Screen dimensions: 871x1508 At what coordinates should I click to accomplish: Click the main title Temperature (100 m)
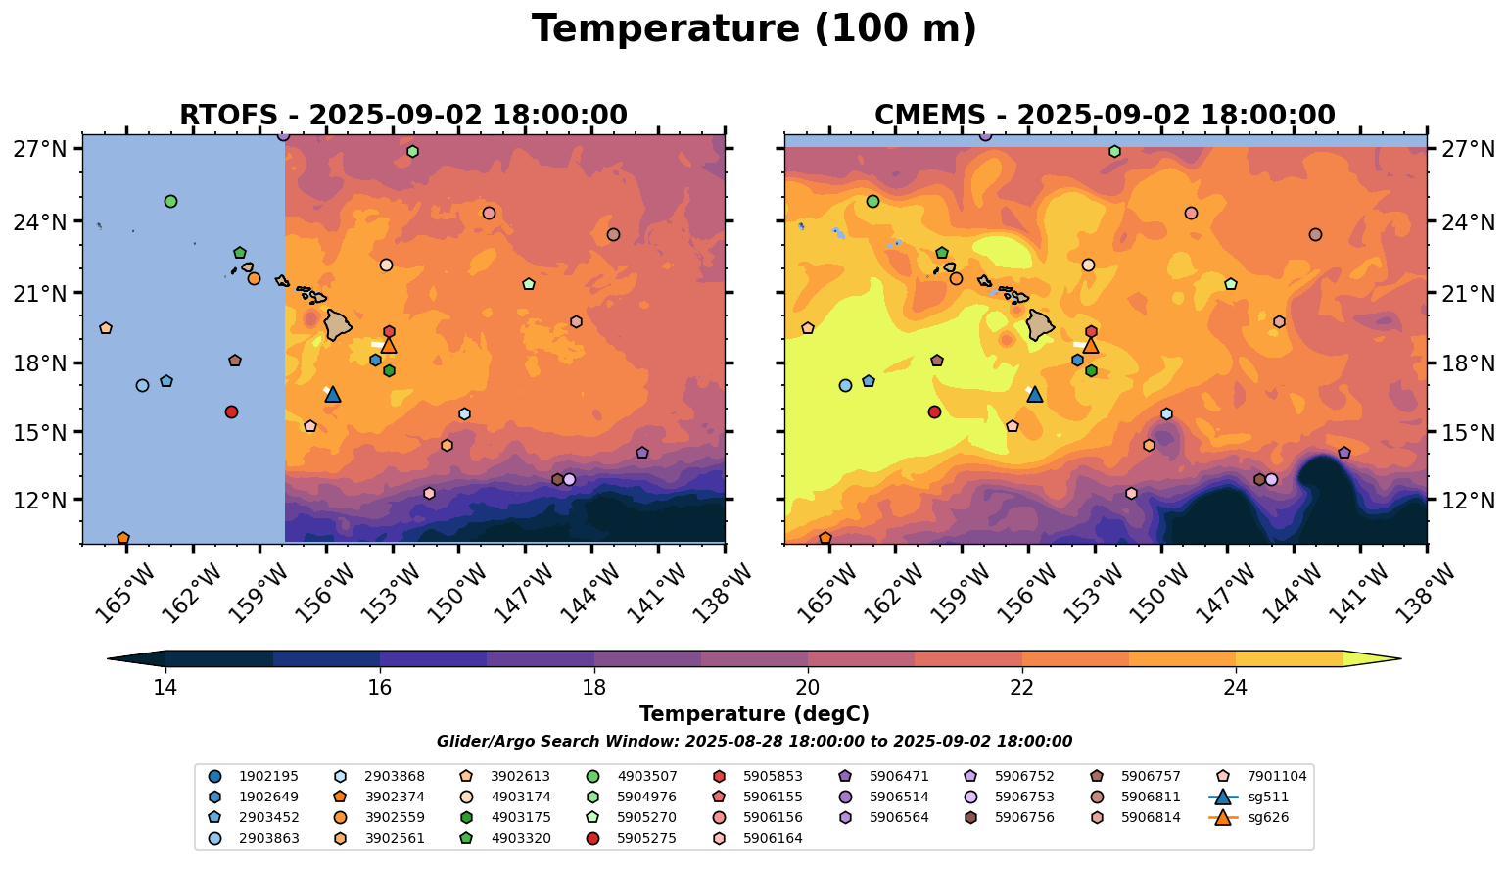pos(754,29)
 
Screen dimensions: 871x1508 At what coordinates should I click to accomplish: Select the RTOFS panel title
pos(402,116)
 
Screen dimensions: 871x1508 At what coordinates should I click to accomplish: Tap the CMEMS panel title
pos(1105,116)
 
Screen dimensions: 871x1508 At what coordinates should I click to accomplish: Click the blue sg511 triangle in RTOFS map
pos(333,394)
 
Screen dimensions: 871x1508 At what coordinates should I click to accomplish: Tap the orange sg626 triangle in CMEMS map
pos(1091,345)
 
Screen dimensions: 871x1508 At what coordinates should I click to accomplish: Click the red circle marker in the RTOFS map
pos(231,411)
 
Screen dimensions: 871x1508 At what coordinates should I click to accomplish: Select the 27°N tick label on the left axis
pos(39,149)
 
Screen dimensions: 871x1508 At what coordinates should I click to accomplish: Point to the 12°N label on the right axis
pos(1469,501)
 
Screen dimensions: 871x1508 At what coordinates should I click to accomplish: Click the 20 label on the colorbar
pos(808,687)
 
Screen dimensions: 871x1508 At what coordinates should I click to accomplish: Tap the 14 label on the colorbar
pos(165,687)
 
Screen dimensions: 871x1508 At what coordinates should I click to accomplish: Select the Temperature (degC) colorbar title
pos(754,715)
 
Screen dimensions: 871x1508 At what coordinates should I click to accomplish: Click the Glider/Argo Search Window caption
pos(754,742)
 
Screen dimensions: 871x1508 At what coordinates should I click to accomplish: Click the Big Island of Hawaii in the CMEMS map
pos(1040,324)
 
